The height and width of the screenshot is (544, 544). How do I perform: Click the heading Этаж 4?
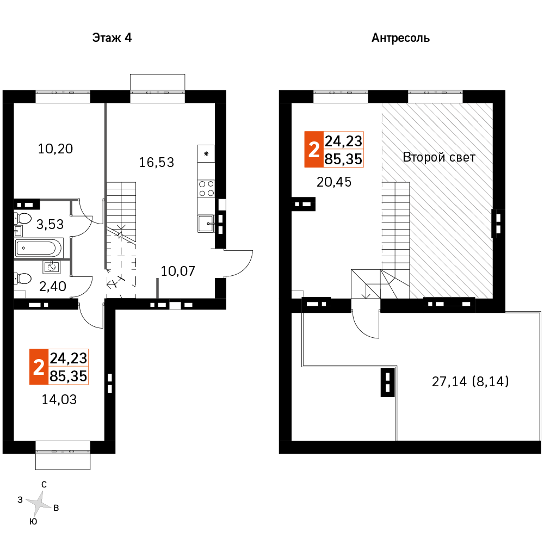[x=112, y=38]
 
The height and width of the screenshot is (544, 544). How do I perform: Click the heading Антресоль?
[x=400, y=38]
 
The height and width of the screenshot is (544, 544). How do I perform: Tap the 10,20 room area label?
[x=55, y=149]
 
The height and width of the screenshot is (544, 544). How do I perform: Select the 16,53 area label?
[x=157, y=162]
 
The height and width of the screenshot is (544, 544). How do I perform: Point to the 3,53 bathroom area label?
[x=50, y=224]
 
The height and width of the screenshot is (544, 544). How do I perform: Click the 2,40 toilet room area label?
[x=52, y=286]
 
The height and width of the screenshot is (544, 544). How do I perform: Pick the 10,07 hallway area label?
[x=178, y=271]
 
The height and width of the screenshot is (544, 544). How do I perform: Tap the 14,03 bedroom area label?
[x=59, y=399]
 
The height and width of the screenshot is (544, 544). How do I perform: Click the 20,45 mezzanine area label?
[x=334, y=182]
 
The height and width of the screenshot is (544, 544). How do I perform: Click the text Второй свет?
[x=439, y=157]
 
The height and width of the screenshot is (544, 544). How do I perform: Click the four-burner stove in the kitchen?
[x=206, y=188]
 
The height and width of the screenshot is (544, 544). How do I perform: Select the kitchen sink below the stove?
[x=206, y=224]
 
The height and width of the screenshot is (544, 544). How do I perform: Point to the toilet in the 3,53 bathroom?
[x=22, y=219]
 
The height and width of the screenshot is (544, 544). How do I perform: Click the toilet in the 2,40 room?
[x=22, y=278]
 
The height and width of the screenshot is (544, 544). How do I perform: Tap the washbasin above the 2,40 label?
[x=52, y=267]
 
